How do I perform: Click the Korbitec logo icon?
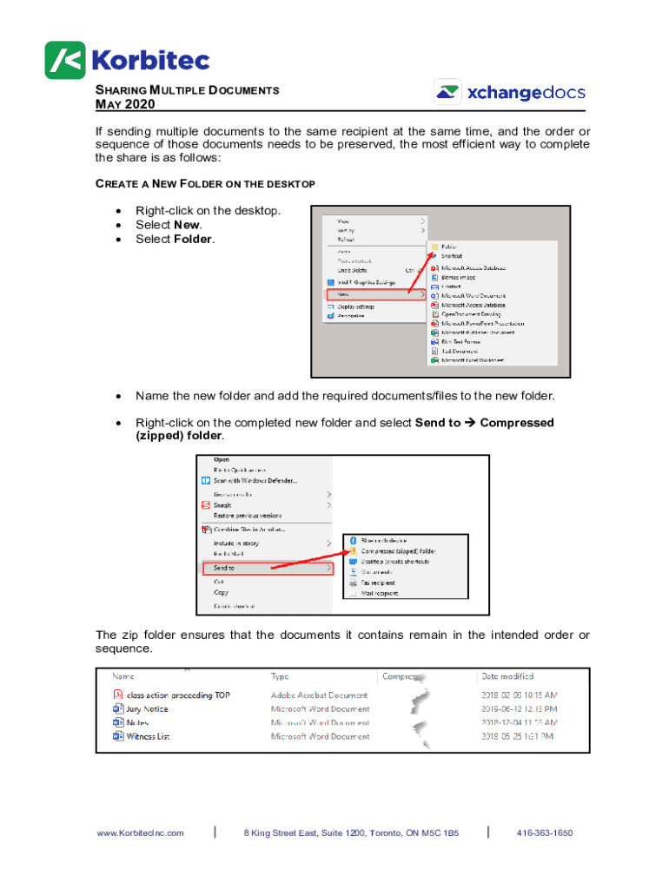65,60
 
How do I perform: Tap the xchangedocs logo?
509,93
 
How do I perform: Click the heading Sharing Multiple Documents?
187,90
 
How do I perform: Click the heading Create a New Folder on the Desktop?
204,184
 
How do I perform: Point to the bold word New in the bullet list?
187,225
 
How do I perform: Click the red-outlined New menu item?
374,294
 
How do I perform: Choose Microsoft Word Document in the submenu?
477,295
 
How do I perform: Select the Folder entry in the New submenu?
449,247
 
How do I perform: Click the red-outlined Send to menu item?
267,568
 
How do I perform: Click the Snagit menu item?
225,504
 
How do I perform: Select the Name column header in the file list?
123,675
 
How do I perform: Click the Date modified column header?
507,675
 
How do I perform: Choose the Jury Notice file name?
147,708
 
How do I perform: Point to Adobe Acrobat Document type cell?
319,695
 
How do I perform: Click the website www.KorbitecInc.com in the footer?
140,833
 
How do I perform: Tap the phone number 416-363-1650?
544,833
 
